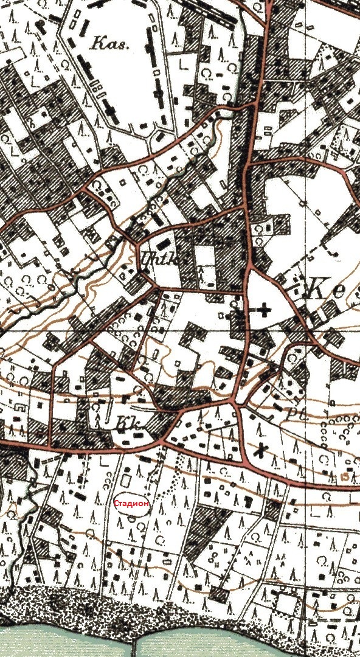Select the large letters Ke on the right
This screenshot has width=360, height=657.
[x=329, y=290]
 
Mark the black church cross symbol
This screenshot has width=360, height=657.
[x=264, y=310]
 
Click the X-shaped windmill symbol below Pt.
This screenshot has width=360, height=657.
[x=261, y=451]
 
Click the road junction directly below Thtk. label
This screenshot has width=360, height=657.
[x=157, y=286]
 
